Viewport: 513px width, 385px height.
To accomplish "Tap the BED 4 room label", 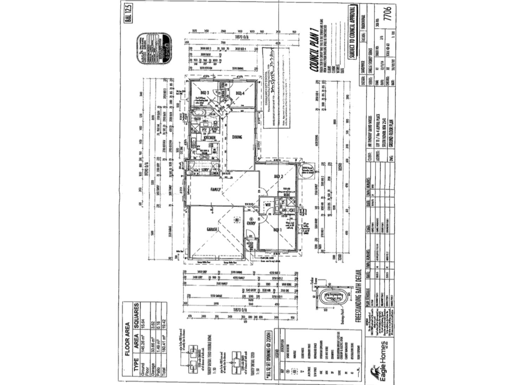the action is click(240, 93).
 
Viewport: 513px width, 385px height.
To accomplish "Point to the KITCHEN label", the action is click(210, 138).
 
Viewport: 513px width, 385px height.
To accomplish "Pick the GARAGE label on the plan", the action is click(213, 229).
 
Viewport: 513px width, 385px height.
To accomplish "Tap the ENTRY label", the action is click(251, 223).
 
